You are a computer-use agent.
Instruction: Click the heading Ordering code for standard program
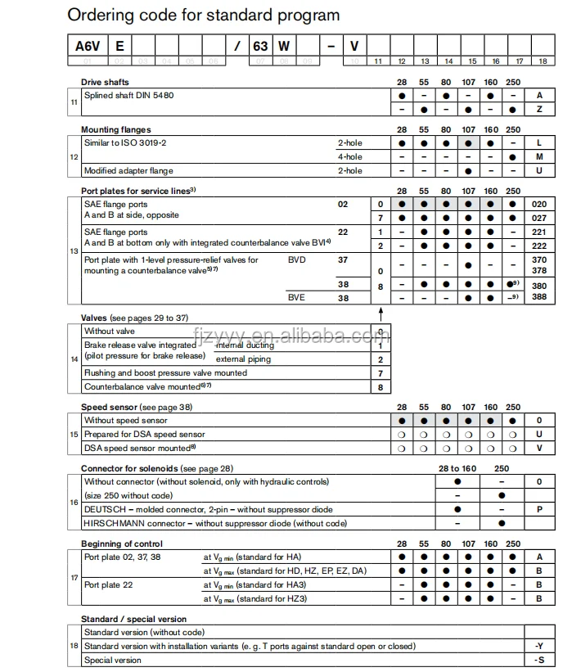[x=203, y=16]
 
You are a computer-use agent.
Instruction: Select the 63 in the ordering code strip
[x=260, y=47]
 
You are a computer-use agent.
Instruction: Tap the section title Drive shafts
[x=104, y=82]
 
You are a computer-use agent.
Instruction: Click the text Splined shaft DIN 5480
[x=128, y=96]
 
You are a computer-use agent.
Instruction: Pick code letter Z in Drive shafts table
[x=539, y=109]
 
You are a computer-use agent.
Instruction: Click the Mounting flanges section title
[x=115, y=129]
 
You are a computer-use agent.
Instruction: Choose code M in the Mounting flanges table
[x=539, y=156]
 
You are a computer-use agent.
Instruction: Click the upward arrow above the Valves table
[x=381, y=313]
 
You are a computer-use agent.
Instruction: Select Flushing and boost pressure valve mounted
[x=165, y=372]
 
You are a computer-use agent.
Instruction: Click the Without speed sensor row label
[x=125, y=420]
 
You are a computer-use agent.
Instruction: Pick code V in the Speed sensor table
[x=539, y=448]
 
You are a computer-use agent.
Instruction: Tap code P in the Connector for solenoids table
[x=539, y=508]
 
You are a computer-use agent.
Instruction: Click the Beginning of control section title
[x=121, y=543]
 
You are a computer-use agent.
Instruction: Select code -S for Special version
[x=539, y=660]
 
